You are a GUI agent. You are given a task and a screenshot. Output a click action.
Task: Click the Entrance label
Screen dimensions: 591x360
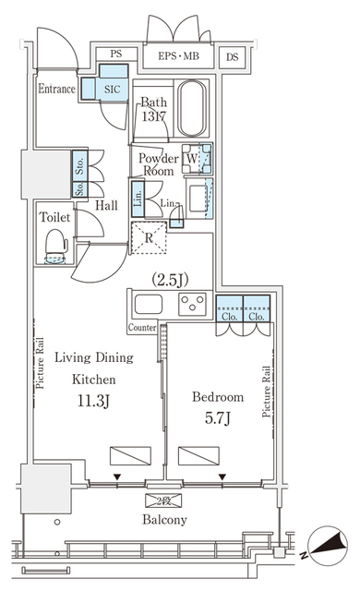(56, 90)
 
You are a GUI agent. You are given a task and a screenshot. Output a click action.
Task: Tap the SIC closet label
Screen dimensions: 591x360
(110, 90)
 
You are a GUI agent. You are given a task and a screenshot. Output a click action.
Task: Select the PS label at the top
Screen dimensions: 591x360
(116, 54)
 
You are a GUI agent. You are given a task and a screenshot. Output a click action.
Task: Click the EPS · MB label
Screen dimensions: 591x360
(179, 55)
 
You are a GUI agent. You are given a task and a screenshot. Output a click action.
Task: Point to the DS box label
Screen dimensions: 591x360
(232, 55)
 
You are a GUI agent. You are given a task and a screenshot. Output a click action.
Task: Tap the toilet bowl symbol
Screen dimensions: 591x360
(57, 247)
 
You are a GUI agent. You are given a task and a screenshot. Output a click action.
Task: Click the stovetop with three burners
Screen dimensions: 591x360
(193, 303)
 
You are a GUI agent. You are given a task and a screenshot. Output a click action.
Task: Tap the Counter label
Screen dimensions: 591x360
(142, 328)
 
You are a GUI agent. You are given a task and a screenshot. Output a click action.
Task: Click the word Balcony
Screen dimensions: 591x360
(164, 520)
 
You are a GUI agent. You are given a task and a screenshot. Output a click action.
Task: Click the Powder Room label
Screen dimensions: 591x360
(158, 164)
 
